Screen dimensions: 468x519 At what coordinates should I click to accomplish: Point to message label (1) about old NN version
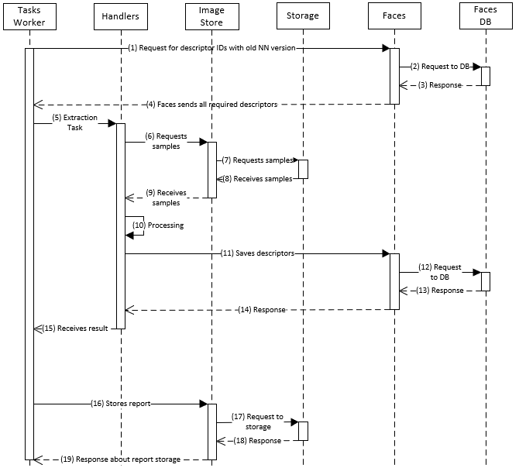pos(212,48)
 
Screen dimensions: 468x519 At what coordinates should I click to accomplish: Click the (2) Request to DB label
pos(440,67)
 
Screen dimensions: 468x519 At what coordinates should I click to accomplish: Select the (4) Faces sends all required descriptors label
pos(211,104)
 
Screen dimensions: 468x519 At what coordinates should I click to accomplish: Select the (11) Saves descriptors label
pos(258,253)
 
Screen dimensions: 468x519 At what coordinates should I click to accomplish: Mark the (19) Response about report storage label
pos(121,459)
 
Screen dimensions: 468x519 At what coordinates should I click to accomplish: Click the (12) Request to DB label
pos(439,271)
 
